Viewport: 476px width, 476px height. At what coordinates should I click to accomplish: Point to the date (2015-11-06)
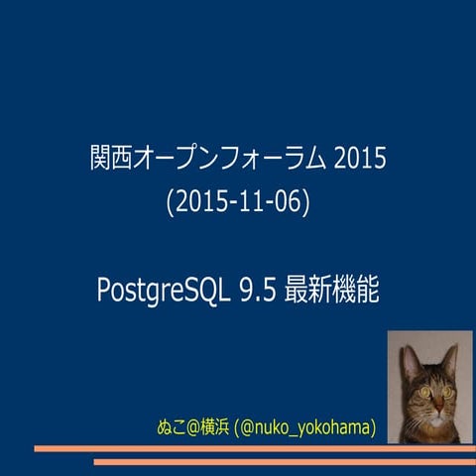[238, 201]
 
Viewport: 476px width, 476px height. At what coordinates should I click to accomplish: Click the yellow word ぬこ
[173, 428]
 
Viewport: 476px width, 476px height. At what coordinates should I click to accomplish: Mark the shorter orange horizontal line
[283, 461]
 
